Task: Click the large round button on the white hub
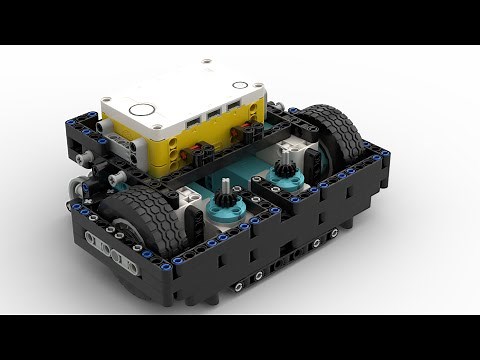pos(141,110)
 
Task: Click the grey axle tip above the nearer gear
pos(227,186)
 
